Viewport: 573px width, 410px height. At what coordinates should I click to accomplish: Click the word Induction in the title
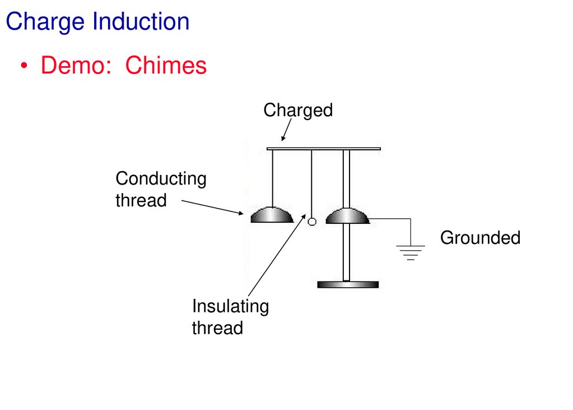141,21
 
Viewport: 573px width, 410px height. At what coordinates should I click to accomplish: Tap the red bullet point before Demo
24,66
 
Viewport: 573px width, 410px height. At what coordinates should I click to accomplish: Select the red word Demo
76,65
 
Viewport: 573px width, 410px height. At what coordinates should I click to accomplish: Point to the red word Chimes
166,65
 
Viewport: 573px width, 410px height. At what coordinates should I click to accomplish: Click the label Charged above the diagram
298,110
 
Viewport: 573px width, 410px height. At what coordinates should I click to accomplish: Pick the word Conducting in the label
161,179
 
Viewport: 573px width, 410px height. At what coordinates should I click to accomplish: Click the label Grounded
480,238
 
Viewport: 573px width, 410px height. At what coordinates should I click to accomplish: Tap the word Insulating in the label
231,306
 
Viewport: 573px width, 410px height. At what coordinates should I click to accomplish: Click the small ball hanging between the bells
312,222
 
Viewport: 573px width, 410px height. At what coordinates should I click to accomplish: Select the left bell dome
272,215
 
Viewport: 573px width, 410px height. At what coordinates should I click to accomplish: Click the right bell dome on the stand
347,216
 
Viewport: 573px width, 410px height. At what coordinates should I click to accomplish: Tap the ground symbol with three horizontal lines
411,252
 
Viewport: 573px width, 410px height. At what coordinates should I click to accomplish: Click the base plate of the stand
348,284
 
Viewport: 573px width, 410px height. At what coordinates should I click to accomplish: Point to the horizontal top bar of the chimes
324,149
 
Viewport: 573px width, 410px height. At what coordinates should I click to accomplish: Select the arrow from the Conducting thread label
212,207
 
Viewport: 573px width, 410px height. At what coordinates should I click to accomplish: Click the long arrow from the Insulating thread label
277,255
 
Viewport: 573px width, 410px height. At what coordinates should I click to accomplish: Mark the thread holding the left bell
272,179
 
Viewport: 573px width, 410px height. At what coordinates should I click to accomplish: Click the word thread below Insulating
217,328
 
